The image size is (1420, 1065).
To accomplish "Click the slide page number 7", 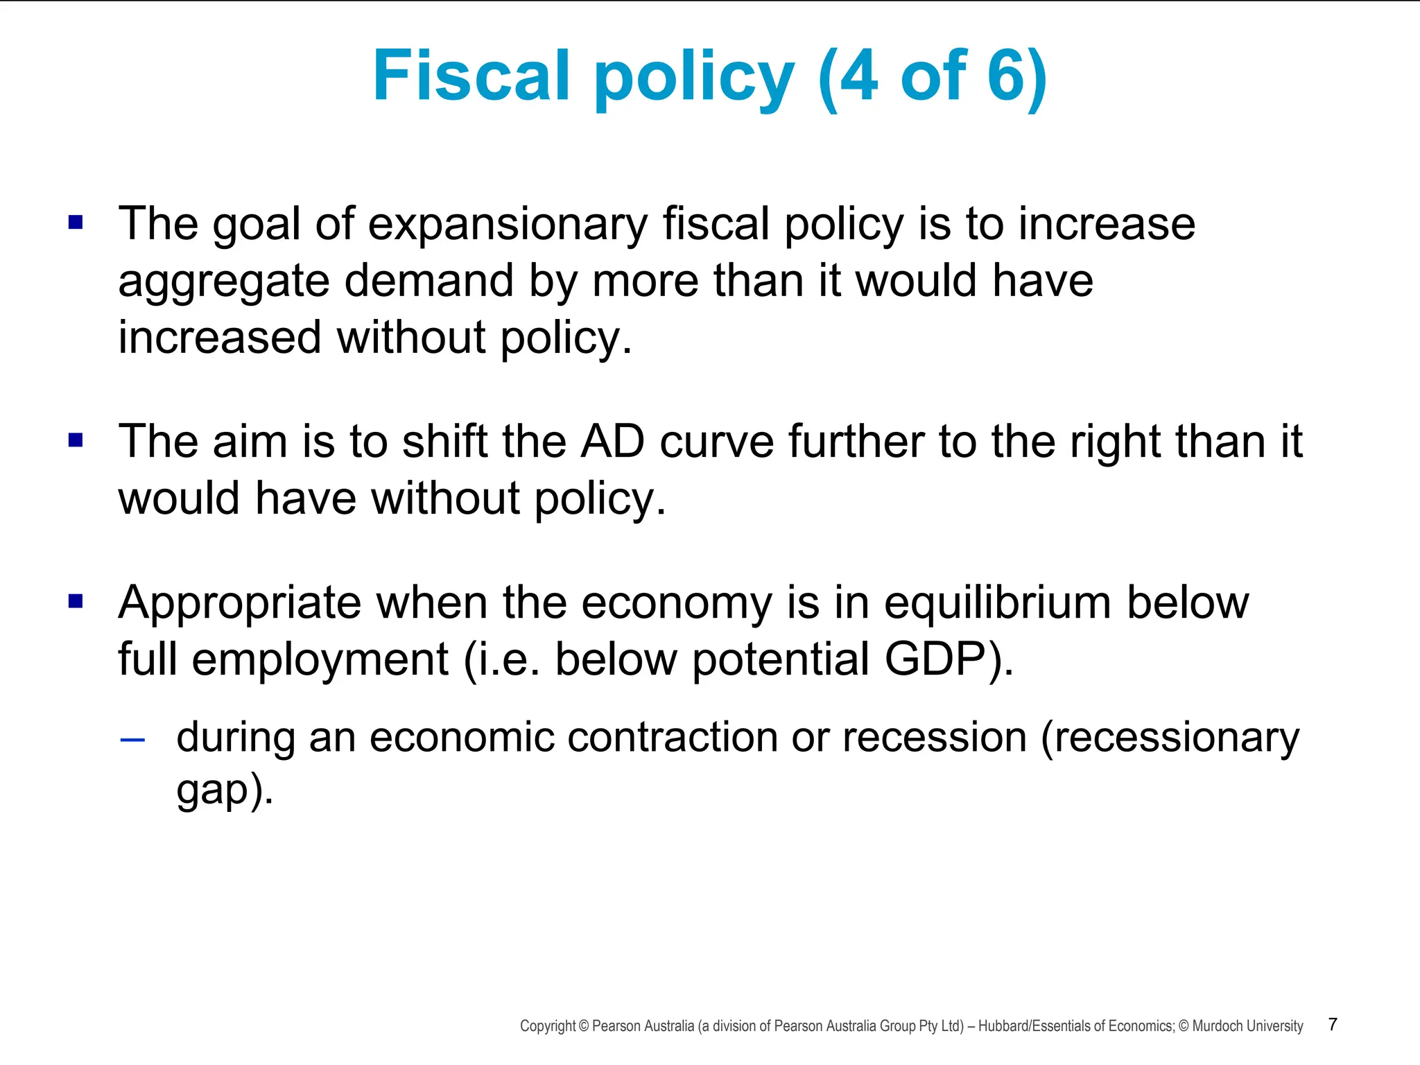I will (x=1333, y=1025).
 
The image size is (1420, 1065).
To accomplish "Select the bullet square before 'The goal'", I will (x=76, y=223).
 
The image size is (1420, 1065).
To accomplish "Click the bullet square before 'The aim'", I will (x=76, y=440).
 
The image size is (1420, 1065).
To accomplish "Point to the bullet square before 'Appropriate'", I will (x=76, y=600).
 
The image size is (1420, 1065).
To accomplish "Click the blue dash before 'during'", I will (x=132, y=741).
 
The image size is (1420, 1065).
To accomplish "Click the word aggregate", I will (x=223, y=283).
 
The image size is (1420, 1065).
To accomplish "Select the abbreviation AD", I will (x=612, y=442).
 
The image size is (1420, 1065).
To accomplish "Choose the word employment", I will (x=320, y=660).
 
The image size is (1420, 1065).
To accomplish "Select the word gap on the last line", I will (x=212, y=790).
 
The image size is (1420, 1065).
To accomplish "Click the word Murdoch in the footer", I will (x=1218, y=1026).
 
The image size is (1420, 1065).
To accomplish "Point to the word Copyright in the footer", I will (x=548, y=1026).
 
